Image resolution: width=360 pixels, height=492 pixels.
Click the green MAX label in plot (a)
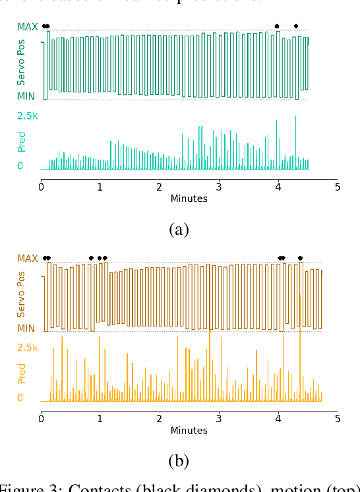[28, 27]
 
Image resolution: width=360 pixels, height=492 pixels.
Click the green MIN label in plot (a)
[28, 96]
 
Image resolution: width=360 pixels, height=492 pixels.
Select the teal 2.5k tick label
[28, 115]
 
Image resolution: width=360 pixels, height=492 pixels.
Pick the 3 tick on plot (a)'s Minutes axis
[219, 187]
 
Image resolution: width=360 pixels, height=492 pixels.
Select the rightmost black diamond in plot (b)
[301, 258]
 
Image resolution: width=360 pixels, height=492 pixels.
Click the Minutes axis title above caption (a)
[189, 199]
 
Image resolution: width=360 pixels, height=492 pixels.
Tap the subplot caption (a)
[179, 230]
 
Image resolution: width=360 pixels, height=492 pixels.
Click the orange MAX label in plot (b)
[28, 258]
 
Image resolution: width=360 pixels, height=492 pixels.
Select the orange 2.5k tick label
[28, 347]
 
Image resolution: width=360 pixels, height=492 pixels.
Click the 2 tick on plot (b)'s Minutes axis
[160, 418]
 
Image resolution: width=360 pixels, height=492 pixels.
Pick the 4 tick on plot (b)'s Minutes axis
[278, 418]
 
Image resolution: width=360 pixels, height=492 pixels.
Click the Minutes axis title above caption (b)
[189, 431]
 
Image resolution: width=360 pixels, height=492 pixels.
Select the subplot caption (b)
[179, 462]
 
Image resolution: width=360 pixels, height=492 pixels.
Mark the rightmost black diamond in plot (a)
[296, 26]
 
